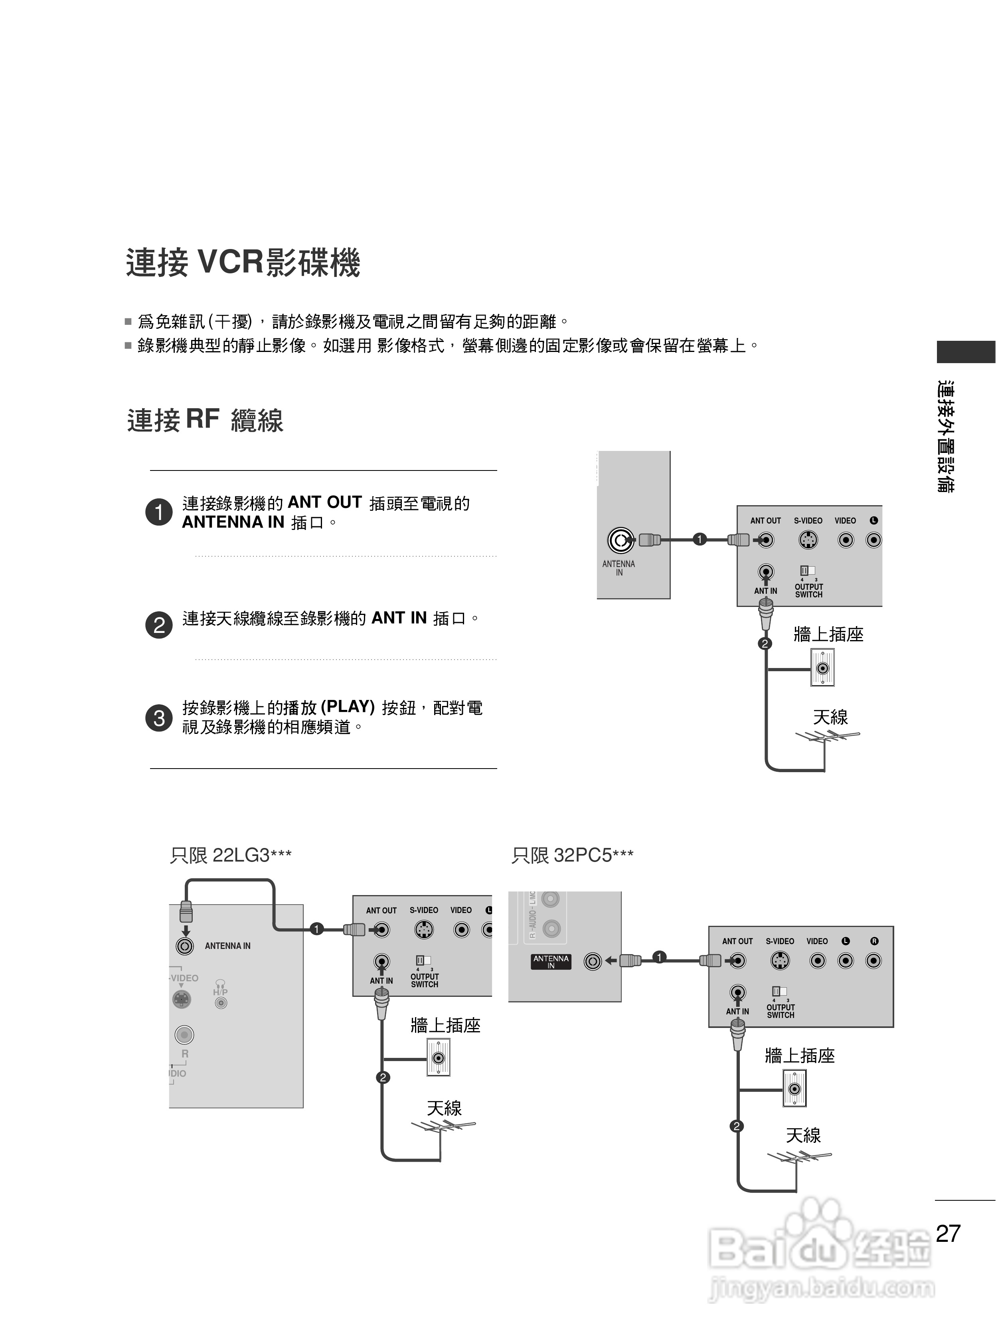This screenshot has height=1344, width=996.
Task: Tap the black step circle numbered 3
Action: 159,718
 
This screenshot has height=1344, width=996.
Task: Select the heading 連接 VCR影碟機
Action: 243,263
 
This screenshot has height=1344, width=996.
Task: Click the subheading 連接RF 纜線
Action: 205,420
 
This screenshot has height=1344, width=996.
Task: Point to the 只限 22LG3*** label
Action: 231,855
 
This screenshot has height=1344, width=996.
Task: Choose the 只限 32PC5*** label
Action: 572,855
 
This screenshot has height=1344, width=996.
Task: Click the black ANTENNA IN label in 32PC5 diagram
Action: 550,962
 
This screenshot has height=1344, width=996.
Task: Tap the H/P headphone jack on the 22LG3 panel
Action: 221,1003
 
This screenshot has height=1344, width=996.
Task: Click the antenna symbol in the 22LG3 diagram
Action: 443,1127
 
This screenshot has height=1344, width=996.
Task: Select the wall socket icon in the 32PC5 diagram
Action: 794,1088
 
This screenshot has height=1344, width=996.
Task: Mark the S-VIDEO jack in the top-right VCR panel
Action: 808,540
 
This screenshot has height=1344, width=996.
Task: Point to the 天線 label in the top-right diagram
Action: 830,717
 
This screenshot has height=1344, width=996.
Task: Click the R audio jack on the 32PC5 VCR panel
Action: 873,961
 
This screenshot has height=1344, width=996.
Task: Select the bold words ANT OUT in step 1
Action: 324,502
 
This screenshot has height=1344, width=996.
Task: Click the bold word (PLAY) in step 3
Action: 348,707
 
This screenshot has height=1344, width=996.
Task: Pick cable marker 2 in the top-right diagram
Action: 765,644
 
